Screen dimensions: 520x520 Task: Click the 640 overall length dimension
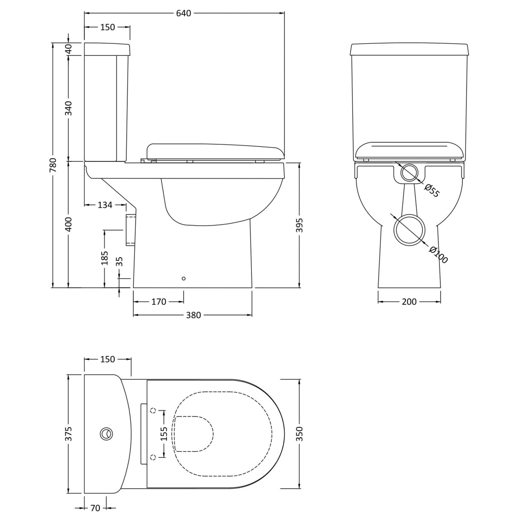click(x=183, y=13)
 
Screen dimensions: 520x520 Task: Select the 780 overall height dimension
click(x=53, y=165)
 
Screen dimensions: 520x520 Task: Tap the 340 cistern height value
click(x=69, y=108)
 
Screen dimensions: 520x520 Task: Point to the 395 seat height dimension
click(x=299, y=225)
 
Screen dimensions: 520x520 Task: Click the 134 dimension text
click(x=105, y=205)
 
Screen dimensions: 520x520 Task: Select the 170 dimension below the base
click(x=158, y=302)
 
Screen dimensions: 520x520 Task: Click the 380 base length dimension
click(x=193, y=315)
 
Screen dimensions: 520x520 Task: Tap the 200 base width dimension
click(x=409, y=302)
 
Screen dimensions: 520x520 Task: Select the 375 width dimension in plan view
click(x=69, y=433)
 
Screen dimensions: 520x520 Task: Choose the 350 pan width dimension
click(x=299, y=433)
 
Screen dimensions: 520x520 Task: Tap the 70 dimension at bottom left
click(x=95, y=508)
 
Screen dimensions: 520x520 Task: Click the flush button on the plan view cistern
click(x=107, y=434)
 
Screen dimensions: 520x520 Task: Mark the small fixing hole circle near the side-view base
click(x=184, y=279)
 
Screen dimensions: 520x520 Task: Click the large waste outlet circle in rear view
click(x=409, y=230)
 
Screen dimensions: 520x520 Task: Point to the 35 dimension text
click(x=120, y=262)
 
